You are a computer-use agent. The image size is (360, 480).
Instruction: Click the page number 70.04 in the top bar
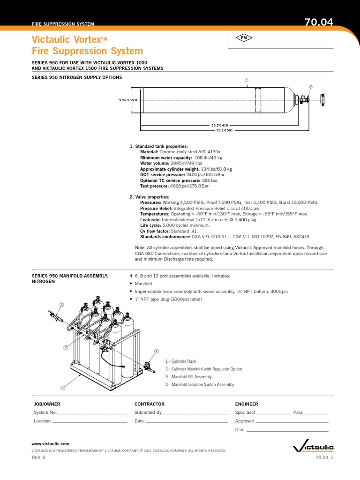click(x=319, y=22)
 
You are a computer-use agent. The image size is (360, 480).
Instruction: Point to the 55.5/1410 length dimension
click(x=219, y=126)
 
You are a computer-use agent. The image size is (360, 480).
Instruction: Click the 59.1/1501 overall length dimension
click(x=225, y=131)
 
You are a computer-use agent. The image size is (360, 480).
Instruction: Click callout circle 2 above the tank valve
click(x=310, y=87)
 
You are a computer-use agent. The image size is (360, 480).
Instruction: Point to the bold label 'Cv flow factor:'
click(x=155, y=231)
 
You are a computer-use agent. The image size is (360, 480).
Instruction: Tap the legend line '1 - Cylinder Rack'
click(x=181, y=361)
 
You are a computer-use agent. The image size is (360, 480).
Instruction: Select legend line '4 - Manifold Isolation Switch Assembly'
click(x=200, y=385)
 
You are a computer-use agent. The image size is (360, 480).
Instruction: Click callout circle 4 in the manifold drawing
click(x=157, y=351)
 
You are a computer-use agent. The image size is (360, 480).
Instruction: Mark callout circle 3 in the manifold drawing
click(x=61, y=305)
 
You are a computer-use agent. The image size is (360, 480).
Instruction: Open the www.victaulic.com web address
click(x=50, y=443)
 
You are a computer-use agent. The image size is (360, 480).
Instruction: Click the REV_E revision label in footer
click(x=38, y=457)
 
